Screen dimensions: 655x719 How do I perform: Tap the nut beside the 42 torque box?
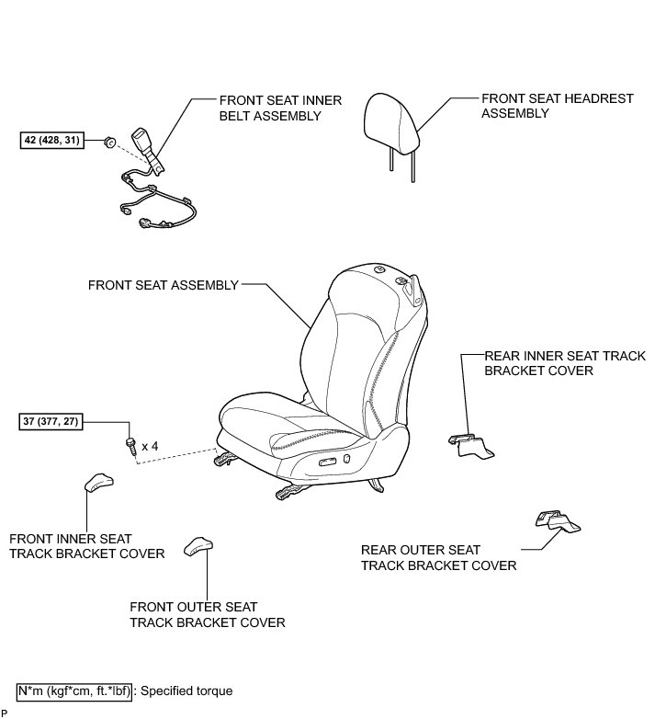108,143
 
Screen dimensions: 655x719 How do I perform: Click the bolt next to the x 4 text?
130,446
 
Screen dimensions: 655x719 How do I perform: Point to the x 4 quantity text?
149,446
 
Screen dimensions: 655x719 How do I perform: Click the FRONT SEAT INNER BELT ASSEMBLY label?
270,108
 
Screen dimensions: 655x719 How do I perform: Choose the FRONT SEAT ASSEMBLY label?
163,285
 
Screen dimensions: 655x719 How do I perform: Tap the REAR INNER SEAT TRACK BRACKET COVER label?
565,363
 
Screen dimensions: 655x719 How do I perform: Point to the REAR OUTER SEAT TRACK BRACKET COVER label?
438,558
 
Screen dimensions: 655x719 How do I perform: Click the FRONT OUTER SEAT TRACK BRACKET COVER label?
208,615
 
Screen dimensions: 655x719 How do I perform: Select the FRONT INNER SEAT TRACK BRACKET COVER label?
86,545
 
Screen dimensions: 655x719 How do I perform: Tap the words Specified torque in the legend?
187,690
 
